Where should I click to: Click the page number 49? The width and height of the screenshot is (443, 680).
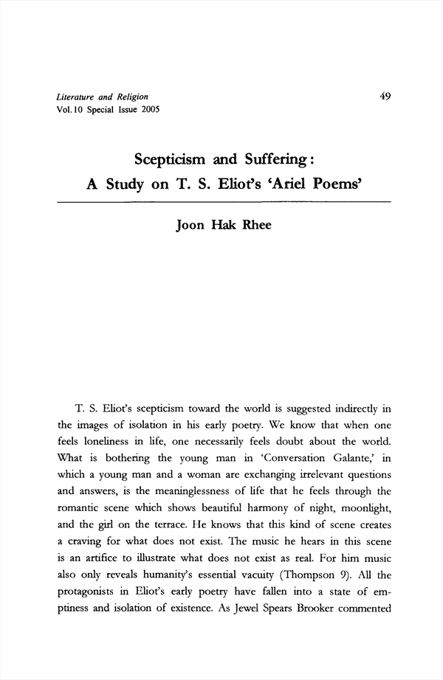click(x=385, y=96)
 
